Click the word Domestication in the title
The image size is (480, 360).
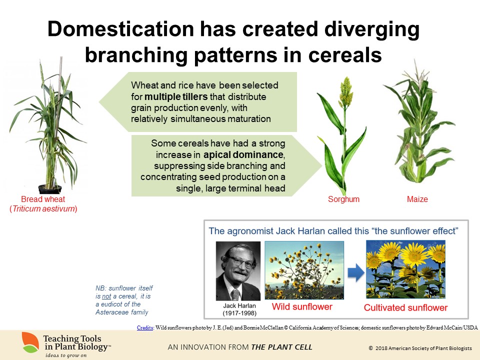[121, 29]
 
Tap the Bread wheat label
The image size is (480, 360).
[43, 199]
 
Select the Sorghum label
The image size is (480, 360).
[343, 199]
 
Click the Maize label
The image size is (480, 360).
[417, 199]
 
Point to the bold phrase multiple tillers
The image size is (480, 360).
[176, 96]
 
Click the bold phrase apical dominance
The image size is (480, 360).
[243, 154]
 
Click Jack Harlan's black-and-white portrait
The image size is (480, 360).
[238, 271]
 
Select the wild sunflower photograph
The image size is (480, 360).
[304, 270]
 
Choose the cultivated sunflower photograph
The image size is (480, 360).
[405, 269]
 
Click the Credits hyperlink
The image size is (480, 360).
[145, 327]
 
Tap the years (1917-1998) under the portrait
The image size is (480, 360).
[239, 313]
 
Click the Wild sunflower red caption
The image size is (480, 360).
[302, 306]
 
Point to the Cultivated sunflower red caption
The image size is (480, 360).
[405, 307]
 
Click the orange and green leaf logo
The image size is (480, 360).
[30, 342]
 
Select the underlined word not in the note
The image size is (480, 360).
[106, 296]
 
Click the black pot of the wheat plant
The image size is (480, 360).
[50, 189]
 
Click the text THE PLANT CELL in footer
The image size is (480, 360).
[281, 347]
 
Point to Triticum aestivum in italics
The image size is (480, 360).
[43, 209]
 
